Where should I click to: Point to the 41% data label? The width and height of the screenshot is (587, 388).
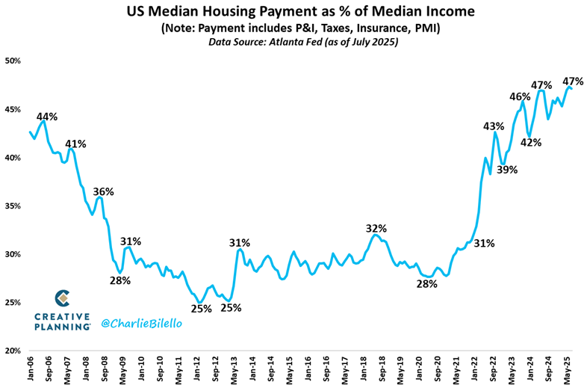point(75,144)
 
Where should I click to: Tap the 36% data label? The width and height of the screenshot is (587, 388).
point(103,191)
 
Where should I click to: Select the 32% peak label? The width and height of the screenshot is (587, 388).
point(376,228)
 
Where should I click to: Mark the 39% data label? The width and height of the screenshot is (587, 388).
point(508,170)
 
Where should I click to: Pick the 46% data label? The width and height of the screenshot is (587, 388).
point(520,96)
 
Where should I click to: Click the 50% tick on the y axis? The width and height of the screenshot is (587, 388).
point(13,61)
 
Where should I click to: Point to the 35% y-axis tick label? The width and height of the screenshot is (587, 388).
point(13,206)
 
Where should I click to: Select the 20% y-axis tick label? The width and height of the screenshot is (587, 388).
point(13,351)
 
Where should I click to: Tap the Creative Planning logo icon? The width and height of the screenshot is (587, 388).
point(63,298)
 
